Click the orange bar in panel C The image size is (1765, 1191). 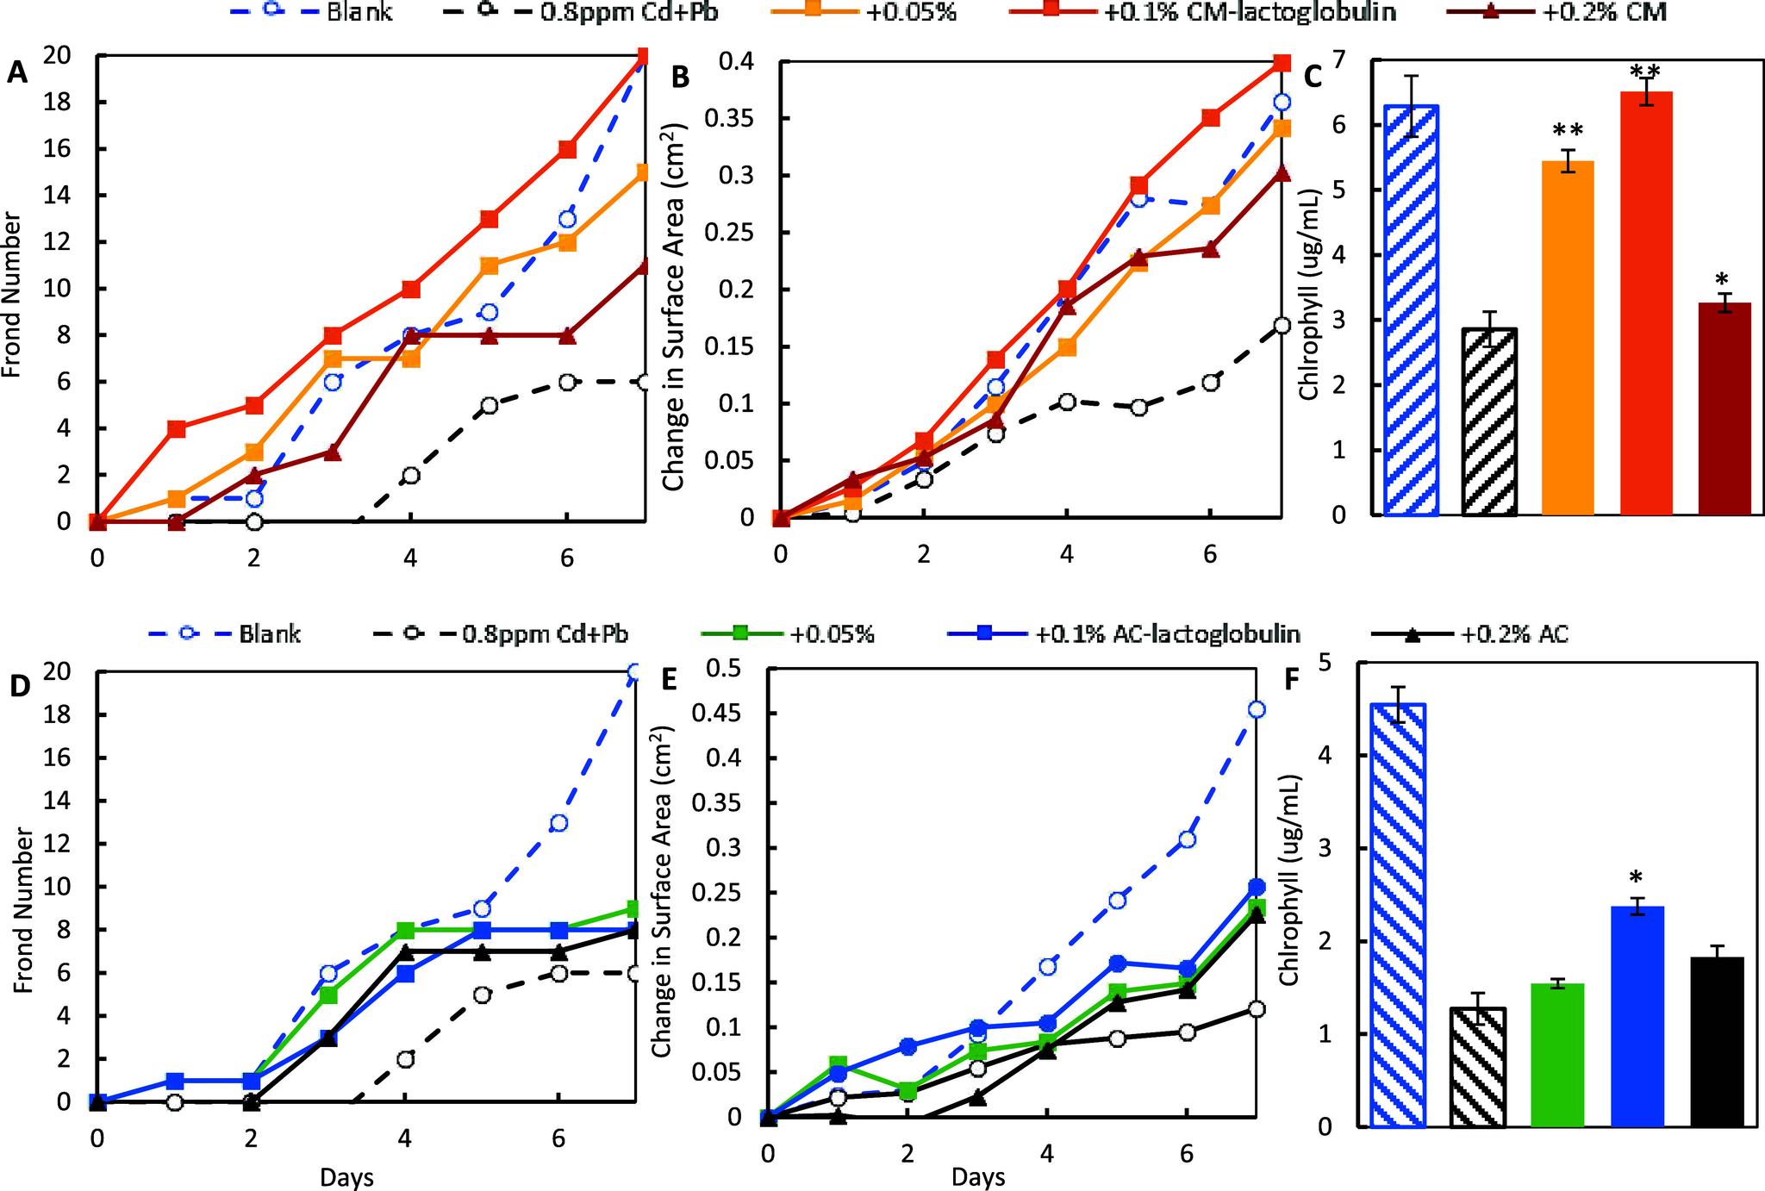tap(1567, 338)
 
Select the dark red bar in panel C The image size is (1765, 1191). tap(1724, 408)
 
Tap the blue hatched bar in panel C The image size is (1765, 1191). tap(1411, 310)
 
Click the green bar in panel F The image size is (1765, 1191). tap(1557, 1055)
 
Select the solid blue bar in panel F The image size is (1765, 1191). tap(1637, 1016)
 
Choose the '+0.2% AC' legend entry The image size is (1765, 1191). tap(1513, 634)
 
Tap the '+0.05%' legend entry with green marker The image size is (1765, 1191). tap(832, 634)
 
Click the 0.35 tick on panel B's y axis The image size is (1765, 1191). tap(730, 118)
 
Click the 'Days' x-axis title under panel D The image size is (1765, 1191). tap(347, 1176)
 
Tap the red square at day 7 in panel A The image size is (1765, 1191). tap(643, 57)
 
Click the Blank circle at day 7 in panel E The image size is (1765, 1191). tap(1257, 709)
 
